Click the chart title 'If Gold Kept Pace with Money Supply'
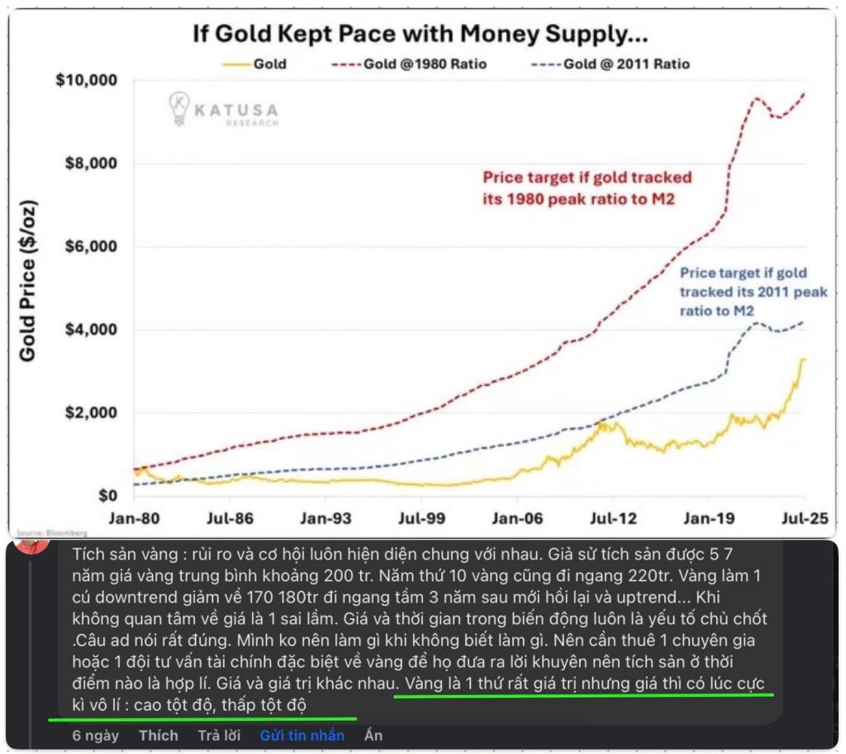tap(420, 35)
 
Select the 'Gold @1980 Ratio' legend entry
tap(422, 63)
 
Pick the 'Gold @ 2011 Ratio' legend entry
tap(625, 63)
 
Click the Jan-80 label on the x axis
tap(132, 522)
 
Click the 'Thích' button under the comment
tap(158, 735)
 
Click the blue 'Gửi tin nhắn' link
tap(302, 735)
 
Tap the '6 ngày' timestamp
tap(95, 735)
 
